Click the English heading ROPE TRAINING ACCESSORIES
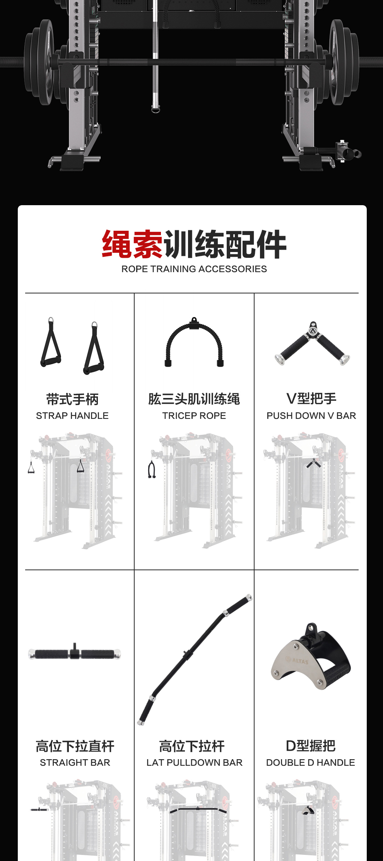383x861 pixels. pos(194,269)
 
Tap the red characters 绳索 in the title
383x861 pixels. pos(132,244)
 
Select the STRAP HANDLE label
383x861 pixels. pos(72,416)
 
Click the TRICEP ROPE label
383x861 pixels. pos(194,416)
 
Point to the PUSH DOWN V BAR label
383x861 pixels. pos(311,416)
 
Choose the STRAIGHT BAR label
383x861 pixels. pos(75,763)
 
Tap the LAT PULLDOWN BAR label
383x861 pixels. pos(195,763)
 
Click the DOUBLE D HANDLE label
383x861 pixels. pos(311,763)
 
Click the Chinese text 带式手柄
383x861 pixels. pos(72,400)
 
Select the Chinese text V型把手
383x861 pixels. pos(311,399)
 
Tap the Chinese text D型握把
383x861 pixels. pos(311,746)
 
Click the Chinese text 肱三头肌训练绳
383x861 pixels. pos(194,399)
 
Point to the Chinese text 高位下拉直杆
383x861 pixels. pos(75,746)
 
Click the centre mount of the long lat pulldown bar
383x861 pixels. pos(186,655)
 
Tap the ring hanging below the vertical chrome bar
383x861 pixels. pos(156,109)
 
